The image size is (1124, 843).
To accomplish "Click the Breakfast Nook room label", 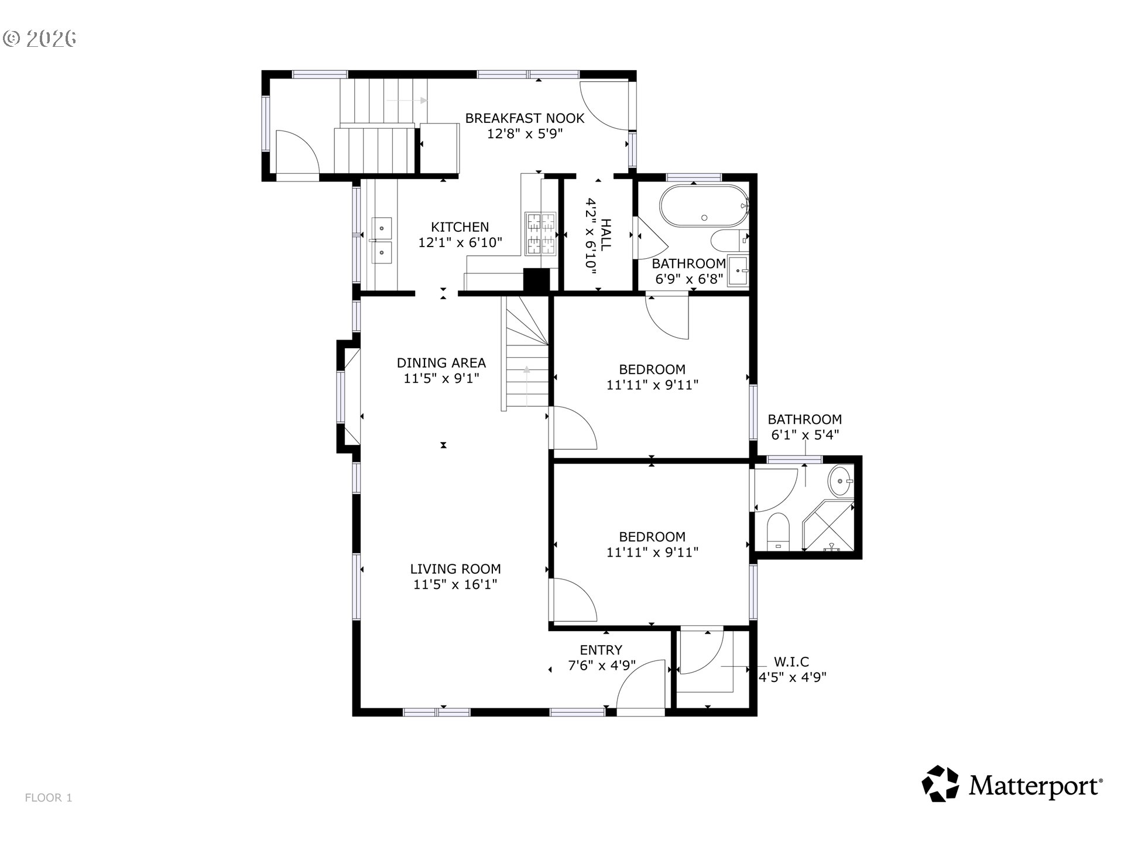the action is pyautogui.click(x=525, y=118).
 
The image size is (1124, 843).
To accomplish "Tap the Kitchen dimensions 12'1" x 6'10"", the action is pyautogui.click(x=460, y=242).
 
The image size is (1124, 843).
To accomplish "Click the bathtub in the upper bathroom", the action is pyautogui.click(x=704, y=206).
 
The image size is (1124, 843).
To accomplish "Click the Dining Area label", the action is pyautogui.click(x=441, y=363).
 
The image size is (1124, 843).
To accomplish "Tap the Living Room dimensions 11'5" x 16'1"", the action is pyautogui.click(x=455, y=584).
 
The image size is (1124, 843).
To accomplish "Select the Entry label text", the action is pyautogui.click(x=601, y=650).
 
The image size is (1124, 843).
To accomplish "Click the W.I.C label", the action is pyautogui.click(x=791, y=662).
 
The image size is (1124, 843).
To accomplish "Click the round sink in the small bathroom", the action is pyautogui.click(x=841, y=481).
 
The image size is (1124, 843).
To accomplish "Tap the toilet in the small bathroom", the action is pyautogui.click(x=779, y=532).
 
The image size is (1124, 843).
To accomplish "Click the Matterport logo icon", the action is pyautogui.click(x=940, y=783).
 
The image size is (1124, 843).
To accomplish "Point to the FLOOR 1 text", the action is pyautogui.click(x=49, y=798).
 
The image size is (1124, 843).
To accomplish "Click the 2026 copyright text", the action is pyautogui.click(x=40, y=39).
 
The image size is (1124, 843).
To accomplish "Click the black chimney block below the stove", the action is pyautogui.click(x=536, y=279).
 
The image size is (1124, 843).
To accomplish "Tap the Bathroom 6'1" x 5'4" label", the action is pyautogui.click(x=804, y=427).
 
